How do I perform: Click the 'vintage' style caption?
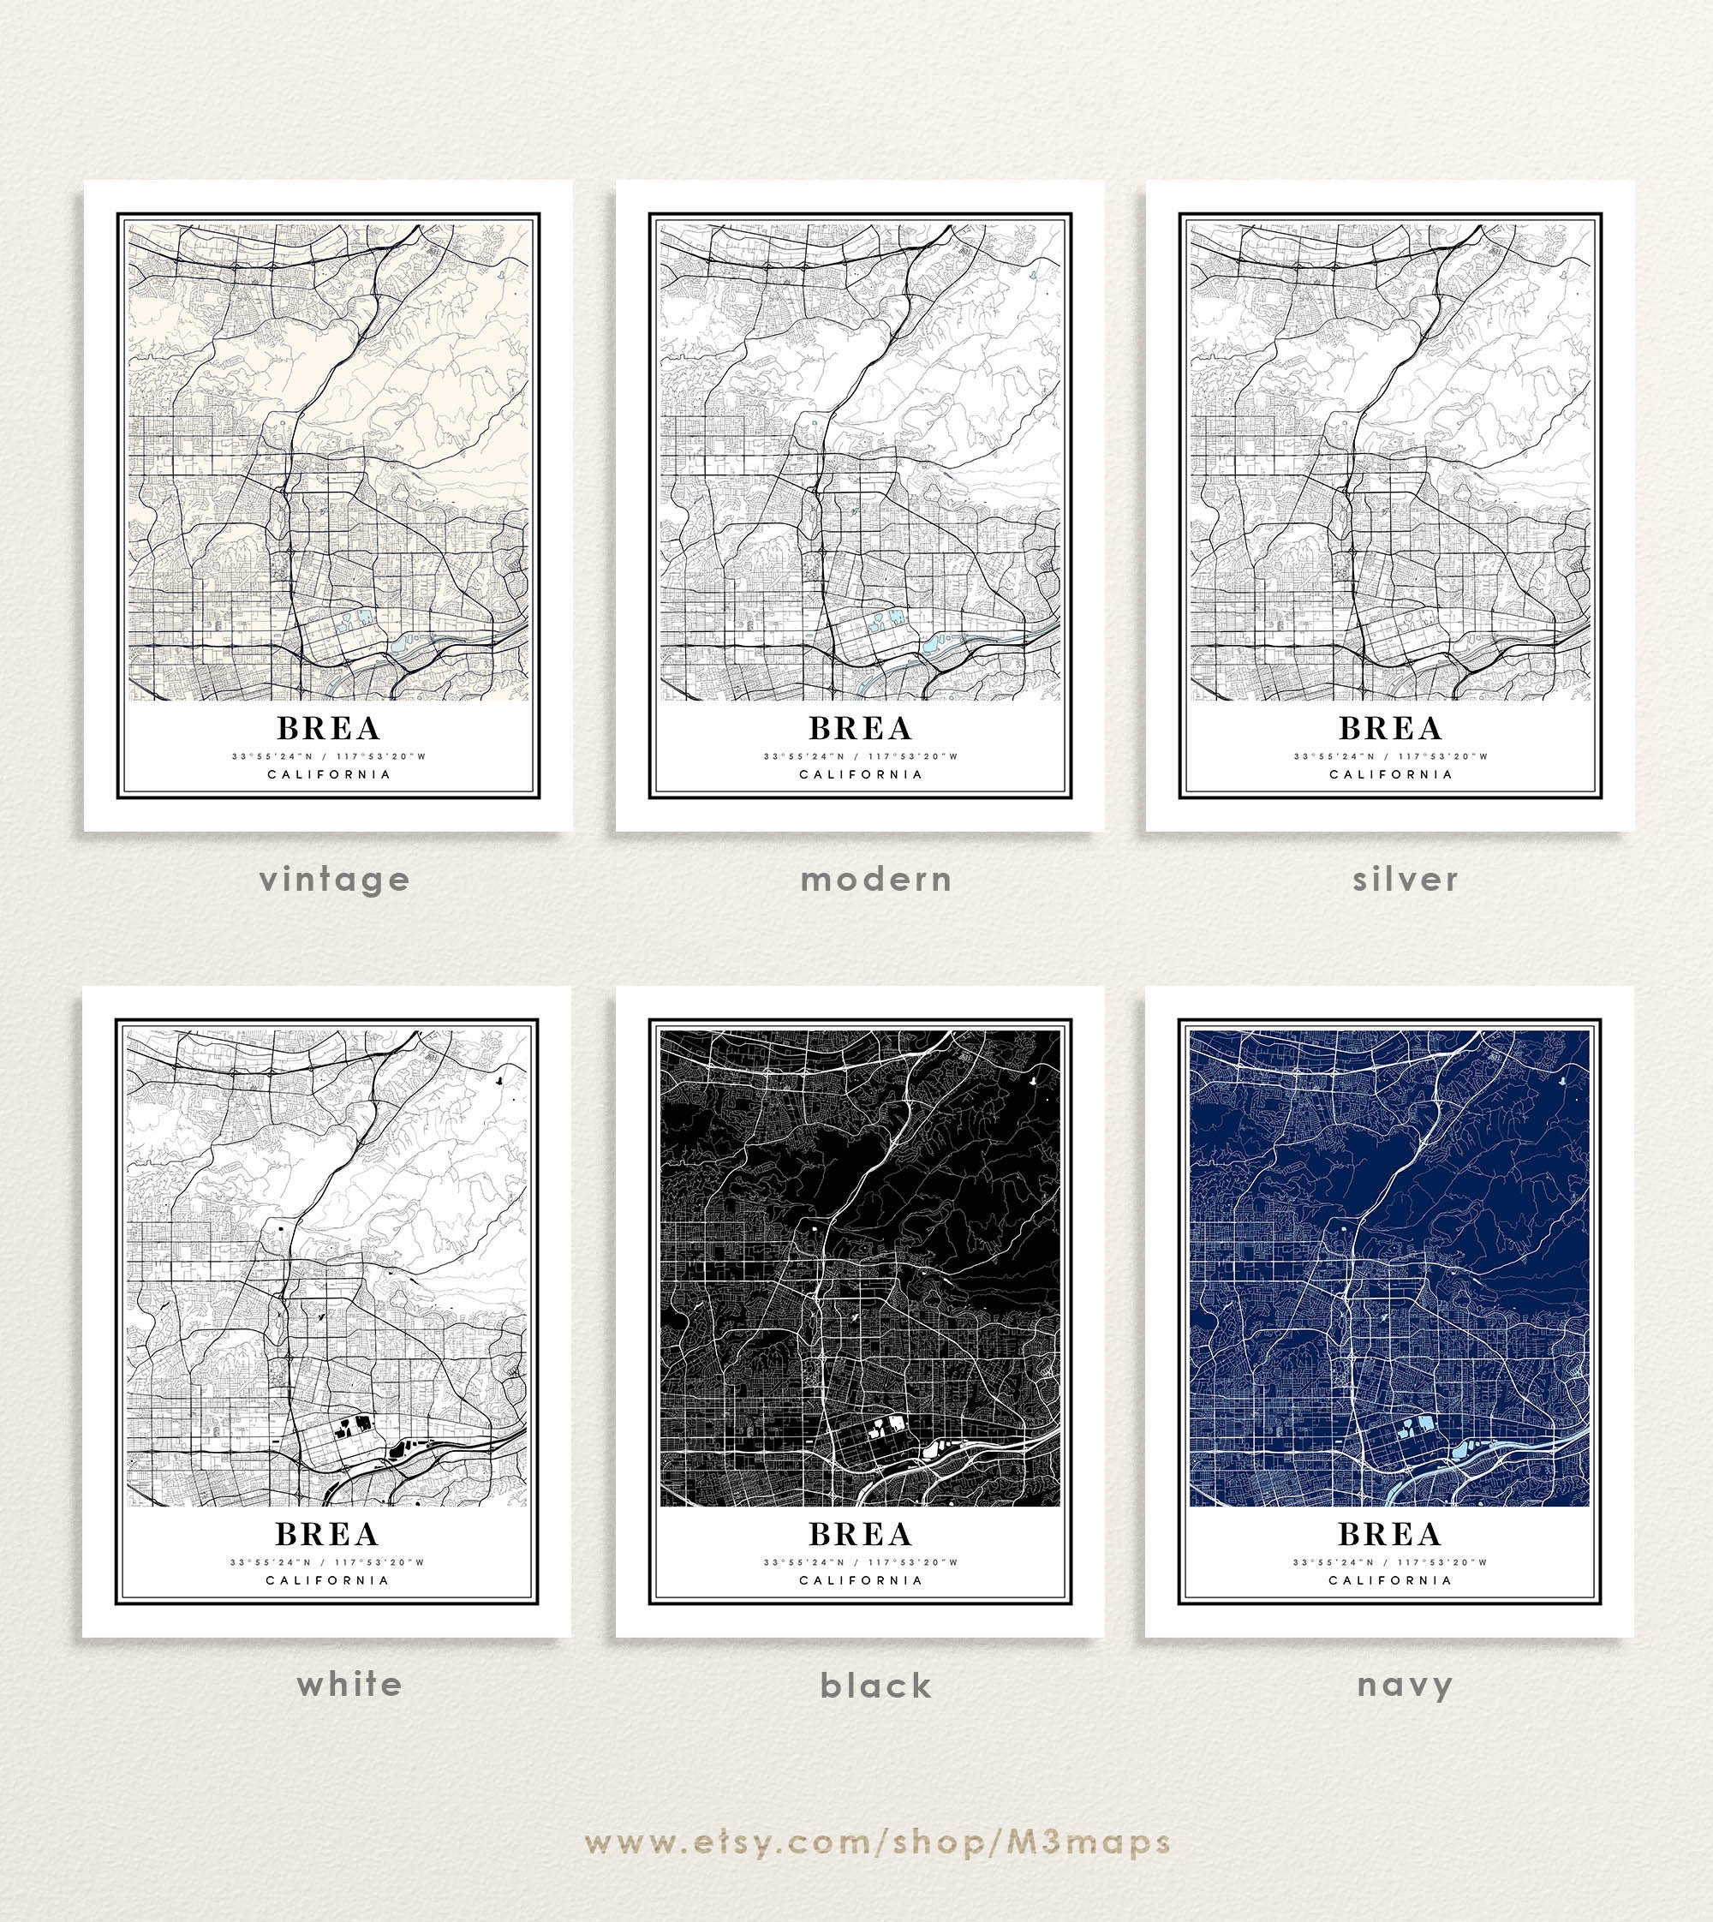pos(335,879)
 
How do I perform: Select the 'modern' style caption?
pos(876,879)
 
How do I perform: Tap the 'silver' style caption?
pos(1406,879)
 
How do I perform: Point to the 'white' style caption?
pos(349,1684)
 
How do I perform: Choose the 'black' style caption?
pos(875,1685)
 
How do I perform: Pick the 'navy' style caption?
pos(1406,1684)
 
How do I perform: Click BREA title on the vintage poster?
pos(329,729)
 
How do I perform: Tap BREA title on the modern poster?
pos(860,729)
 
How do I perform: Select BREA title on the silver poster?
pos(1390,729)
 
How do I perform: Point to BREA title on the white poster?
pos(326,1534)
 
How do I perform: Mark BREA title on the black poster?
pos(860,1534)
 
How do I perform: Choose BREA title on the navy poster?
pos(1389,1534)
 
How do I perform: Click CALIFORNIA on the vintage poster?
pos(329,774)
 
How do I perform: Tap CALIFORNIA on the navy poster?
pos(1390,1580)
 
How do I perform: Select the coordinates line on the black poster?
pos(860,1562)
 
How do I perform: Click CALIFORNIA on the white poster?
pos(326,1580)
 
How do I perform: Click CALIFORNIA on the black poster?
pos(860,1580)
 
